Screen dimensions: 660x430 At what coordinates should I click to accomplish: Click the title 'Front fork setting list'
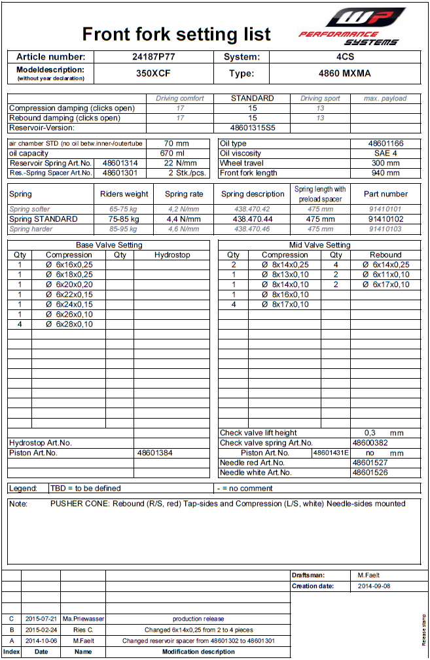click(x=176, y=34)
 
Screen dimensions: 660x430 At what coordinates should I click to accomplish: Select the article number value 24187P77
click(x=153, y=57)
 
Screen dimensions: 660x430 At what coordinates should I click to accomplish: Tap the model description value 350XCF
click(x=153, y=73)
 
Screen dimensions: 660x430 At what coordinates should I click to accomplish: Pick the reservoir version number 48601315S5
click(x=253, y=128)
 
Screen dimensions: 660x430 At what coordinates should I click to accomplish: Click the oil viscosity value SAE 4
click(x=385, y=153)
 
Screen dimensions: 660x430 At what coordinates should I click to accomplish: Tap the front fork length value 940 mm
click(x=385, y=173)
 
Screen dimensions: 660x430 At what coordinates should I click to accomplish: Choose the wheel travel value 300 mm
click(x=385, y=163)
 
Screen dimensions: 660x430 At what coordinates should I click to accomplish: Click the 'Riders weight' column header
click(x=124, y=194)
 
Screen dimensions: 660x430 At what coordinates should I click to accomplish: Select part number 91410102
click(x=385, y=219)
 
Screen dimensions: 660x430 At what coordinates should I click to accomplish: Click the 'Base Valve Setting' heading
click(x=108, y=245)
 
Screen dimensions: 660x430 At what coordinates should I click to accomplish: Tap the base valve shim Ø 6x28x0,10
click(x=69, y=324)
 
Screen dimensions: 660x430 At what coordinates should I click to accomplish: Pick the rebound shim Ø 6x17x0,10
click(x=385, y=285)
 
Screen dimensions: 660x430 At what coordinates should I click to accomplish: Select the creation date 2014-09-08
click(x=374, y=586)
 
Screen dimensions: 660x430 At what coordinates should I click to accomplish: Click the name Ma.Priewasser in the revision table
click(x=83, y=618)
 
